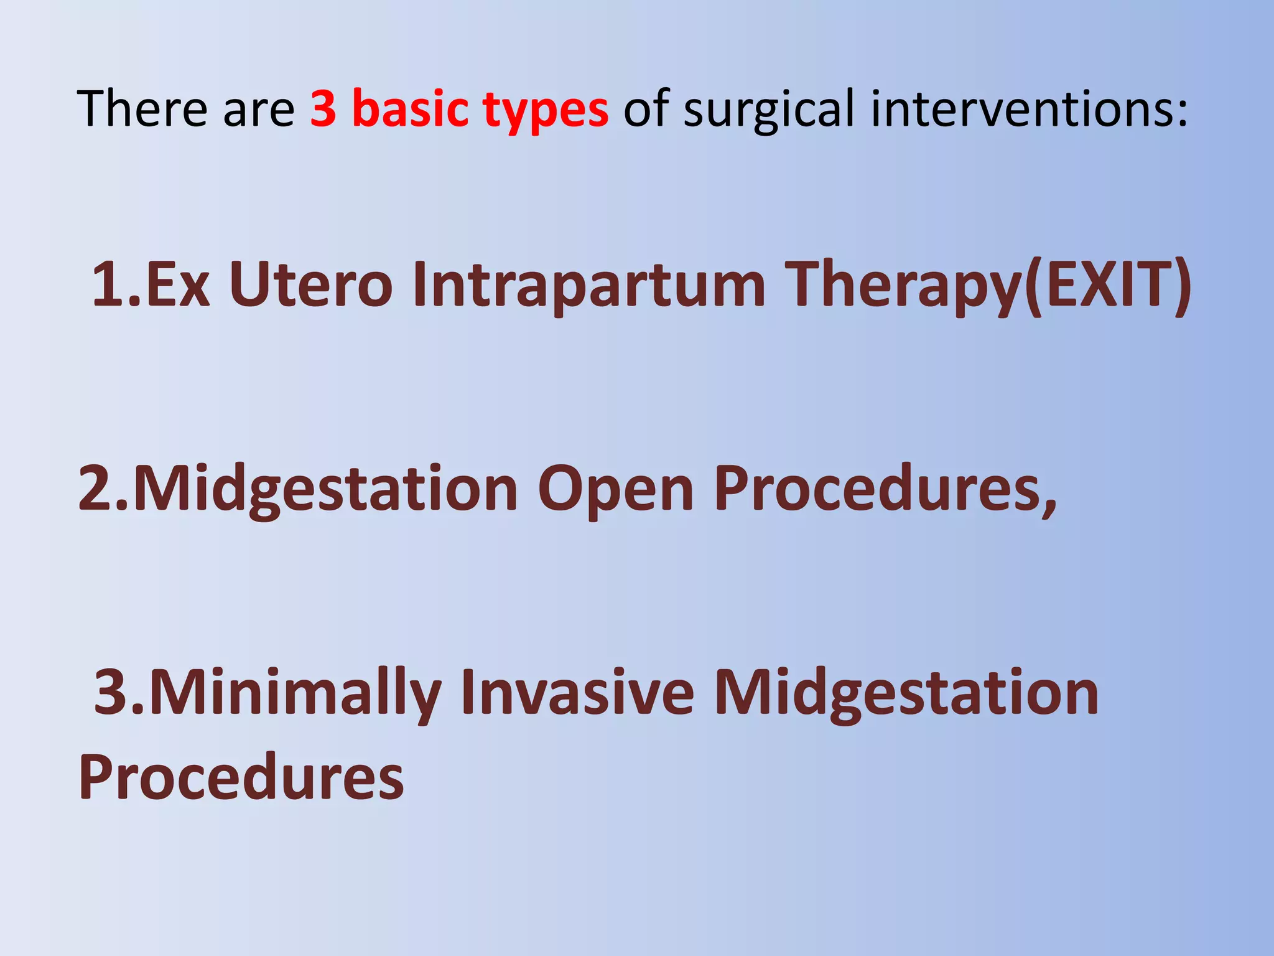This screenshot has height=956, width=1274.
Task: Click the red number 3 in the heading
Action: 324,109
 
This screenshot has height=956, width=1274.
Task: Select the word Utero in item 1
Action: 310,284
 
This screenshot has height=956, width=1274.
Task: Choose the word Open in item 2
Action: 615,490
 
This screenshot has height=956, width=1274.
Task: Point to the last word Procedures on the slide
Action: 241,777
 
